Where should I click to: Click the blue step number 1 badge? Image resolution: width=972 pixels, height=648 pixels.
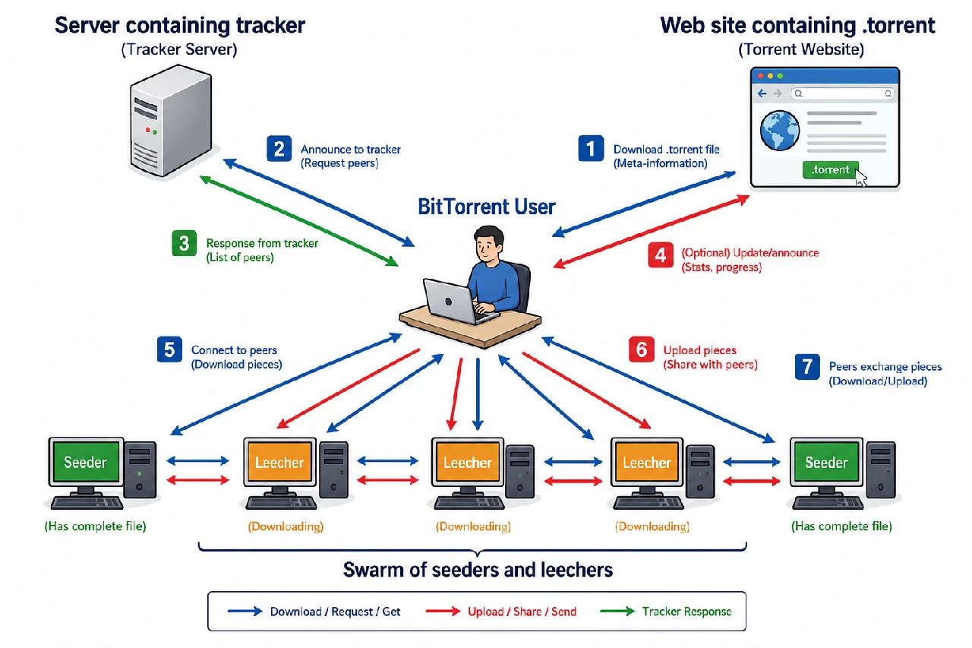(591, 148)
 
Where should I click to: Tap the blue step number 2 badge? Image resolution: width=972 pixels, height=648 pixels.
(279, 148)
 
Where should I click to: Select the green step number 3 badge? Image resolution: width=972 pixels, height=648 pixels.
(185, 243)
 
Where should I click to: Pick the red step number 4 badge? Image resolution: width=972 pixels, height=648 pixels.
(661, 255)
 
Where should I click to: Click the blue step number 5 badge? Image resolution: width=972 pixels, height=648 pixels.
(169, 349)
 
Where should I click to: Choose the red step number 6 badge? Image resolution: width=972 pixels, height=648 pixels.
(642, 349)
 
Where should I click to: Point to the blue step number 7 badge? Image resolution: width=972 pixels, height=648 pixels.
(807, 367)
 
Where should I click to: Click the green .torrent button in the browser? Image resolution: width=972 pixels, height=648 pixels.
(830, 169)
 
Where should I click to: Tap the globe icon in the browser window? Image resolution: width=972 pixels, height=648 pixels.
(780, 131)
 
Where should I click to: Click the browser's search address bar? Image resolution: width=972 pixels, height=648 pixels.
(843, 93)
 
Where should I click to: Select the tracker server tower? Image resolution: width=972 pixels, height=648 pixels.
(171, 121)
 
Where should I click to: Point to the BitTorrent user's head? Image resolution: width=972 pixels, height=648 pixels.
(488, 245)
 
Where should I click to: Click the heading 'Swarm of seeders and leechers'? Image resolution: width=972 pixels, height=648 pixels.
(478, 570)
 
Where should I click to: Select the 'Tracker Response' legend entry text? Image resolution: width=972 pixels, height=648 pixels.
(686, 612)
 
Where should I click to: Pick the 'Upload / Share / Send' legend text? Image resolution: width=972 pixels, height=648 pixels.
(522, 612)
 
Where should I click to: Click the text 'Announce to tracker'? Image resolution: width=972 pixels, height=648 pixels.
(351, 150)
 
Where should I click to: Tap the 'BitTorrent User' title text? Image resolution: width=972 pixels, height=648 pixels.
(487, 207)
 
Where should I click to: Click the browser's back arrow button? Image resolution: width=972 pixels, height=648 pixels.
(762, 93)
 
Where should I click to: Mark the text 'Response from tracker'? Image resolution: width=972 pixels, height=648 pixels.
(262, 243)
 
